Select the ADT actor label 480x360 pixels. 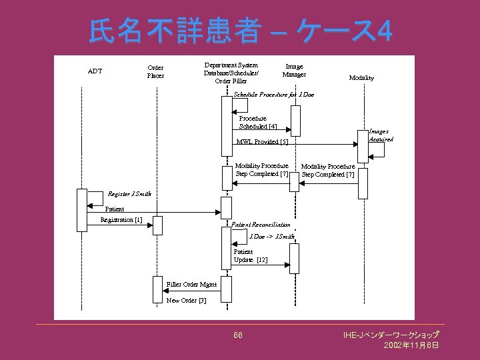click(x=95, y=71)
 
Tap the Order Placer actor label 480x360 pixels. click(x=155, y=71)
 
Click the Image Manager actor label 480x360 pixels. click(x=294, y=71)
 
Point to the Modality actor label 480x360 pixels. click(x=361, y=78)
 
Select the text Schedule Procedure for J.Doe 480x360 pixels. click(x=273, y=95)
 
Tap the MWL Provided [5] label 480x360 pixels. click(x=263, y=142)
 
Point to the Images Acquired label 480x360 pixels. click(x=381, y=135)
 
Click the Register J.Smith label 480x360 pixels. click(x=129, y=195)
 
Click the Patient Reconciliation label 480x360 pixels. click(x=261, y=225)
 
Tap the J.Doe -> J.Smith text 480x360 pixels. click(x=271, y=236)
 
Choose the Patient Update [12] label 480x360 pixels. click(x=250, y=256)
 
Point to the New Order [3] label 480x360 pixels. click(x=186, y=301)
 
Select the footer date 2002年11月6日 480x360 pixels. click(x=411, y=345)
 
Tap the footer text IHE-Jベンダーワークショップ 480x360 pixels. click(x=391, y=335)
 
